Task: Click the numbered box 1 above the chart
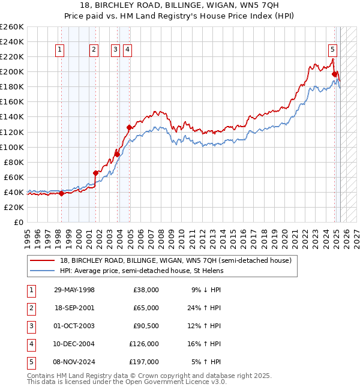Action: tap(61, 50)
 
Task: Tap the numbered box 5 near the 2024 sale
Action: tap(332, 50)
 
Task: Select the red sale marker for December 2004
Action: tap(129, 127)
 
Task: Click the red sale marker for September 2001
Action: tap(95, 173)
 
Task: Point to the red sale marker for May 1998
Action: tap(61, 193)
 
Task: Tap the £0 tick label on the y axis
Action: tap(18, 222)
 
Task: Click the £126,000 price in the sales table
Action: tap(145, 344)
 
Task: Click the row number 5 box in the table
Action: tap(31, 362)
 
